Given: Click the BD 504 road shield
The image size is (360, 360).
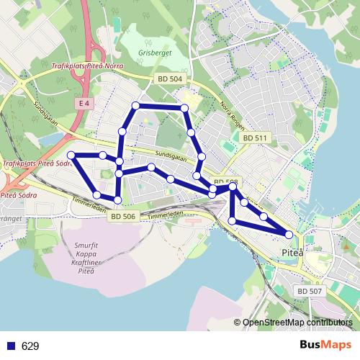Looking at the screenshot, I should tap(171, 79).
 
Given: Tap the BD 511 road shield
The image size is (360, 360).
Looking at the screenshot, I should tap(255, 138).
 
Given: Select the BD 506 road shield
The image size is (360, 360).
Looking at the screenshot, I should tap(124, 215).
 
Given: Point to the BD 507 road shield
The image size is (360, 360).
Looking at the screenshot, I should tap(310, 290).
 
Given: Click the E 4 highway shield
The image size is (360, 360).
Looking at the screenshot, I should tap(84, 104).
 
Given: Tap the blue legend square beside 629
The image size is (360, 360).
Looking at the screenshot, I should tap(11, 346).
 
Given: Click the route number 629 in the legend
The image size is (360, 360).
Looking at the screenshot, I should tap(30, 346).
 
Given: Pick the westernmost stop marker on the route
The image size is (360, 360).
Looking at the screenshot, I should tap(71, 155).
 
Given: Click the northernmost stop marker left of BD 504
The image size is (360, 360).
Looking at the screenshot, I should tap(135, 106).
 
